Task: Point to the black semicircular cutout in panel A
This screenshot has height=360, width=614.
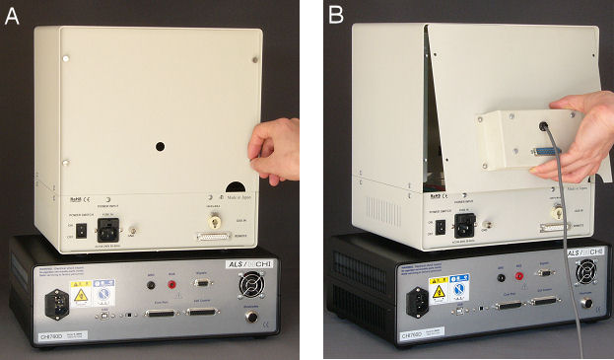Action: [x=238, y=188]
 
